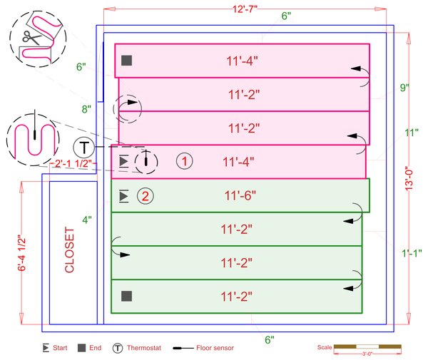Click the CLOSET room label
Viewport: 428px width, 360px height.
click(x=70, y=250)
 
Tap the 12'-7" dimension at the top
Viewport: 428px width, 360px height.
click(x=245, y=9)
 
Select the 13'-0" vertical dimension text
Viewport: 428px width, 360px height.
click(x=409, y=179)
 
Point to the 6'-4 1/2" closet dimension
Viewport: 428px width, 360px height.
click(x=21, y=253)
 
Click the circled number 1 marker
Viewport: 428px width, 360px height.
click(x=185, y=161)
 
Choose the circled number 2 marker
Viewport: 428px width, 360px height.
click(x=146, y=196)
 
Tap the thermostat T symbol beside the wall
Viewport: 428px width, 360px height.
click(x=84, y=148)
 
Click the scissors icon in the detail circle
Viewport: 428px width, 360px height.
click(x=31, y=37)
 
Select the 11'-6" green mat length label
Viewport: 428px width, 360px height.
click(x=240, y=195)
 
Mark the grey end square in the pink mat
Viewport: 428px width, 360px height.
click(x=127, y=61)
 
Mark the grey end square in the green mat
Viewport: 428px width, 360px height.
click(x=127, y=296)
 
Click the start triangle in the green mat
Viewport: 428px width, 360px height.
click(x=124, y=196)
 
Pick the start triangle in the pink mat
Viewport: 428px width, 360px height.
click(x=124, y=161)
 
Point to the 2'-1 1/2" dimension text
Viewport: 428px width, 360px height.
click(x=73, y=163)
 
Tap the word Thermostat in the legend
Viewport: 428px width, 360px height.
click(x=144, y=348)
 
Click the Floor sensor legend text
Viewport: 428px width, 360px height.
click(x=215, y=348)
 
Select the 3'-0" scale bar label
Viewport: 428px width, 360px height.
click(x=367, y=354)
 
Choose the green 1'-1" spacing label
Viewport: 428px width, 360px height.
click(x=412, y=253)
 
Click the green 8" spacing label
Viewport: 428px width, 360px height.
click(x=86, y=109)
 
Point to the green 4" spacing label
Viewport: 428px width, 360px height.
click(x=87, y=220)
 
